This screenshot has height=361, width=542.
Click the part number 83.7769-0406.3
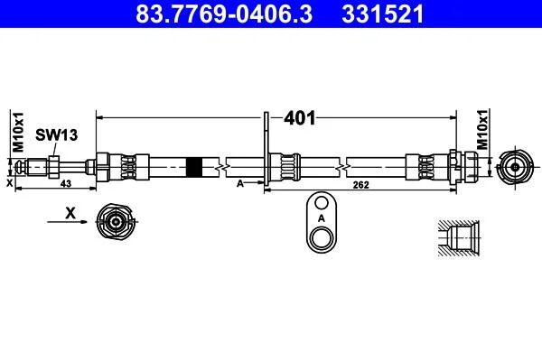[224, 14]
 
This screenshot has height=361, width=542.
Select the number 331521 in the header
[383, 14]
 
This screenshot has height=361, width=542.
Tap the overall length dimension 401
[300, 118]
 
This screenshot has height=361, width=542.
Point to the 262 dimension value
[360, 185]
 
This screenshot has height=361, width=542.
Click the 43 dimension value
[66, 184]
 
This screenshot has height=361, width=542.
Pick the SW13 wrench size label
[56, 135]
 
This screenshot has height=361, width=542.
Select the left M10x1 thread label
[18, 132]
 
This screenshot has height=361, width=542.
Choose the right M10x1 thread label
[482, 129]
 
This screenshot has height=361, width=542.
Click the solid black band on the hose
[194, 167]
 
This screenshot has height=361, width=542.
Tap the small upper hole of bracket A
[322, 203]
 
